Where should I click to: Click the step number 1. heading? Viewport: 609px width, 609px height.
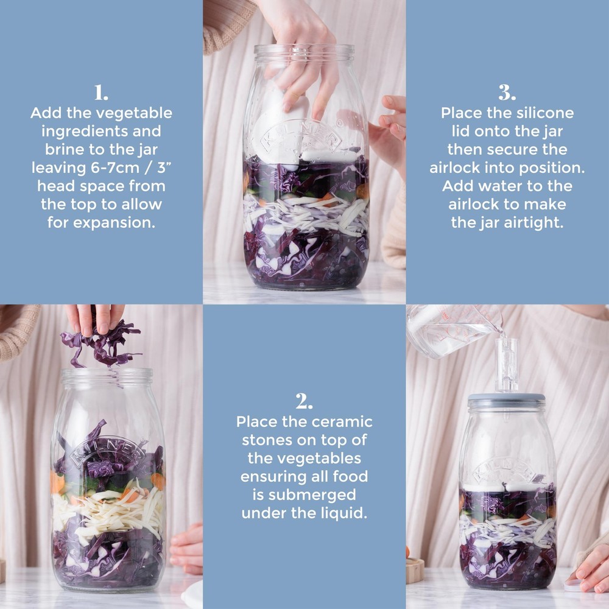101,93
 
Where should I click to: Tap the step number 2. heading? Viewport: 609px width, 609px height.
304,402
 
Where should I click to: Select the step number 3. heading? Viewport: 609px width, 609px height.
507,93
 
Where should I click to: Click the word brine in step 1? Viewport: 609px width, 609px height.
62,149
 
